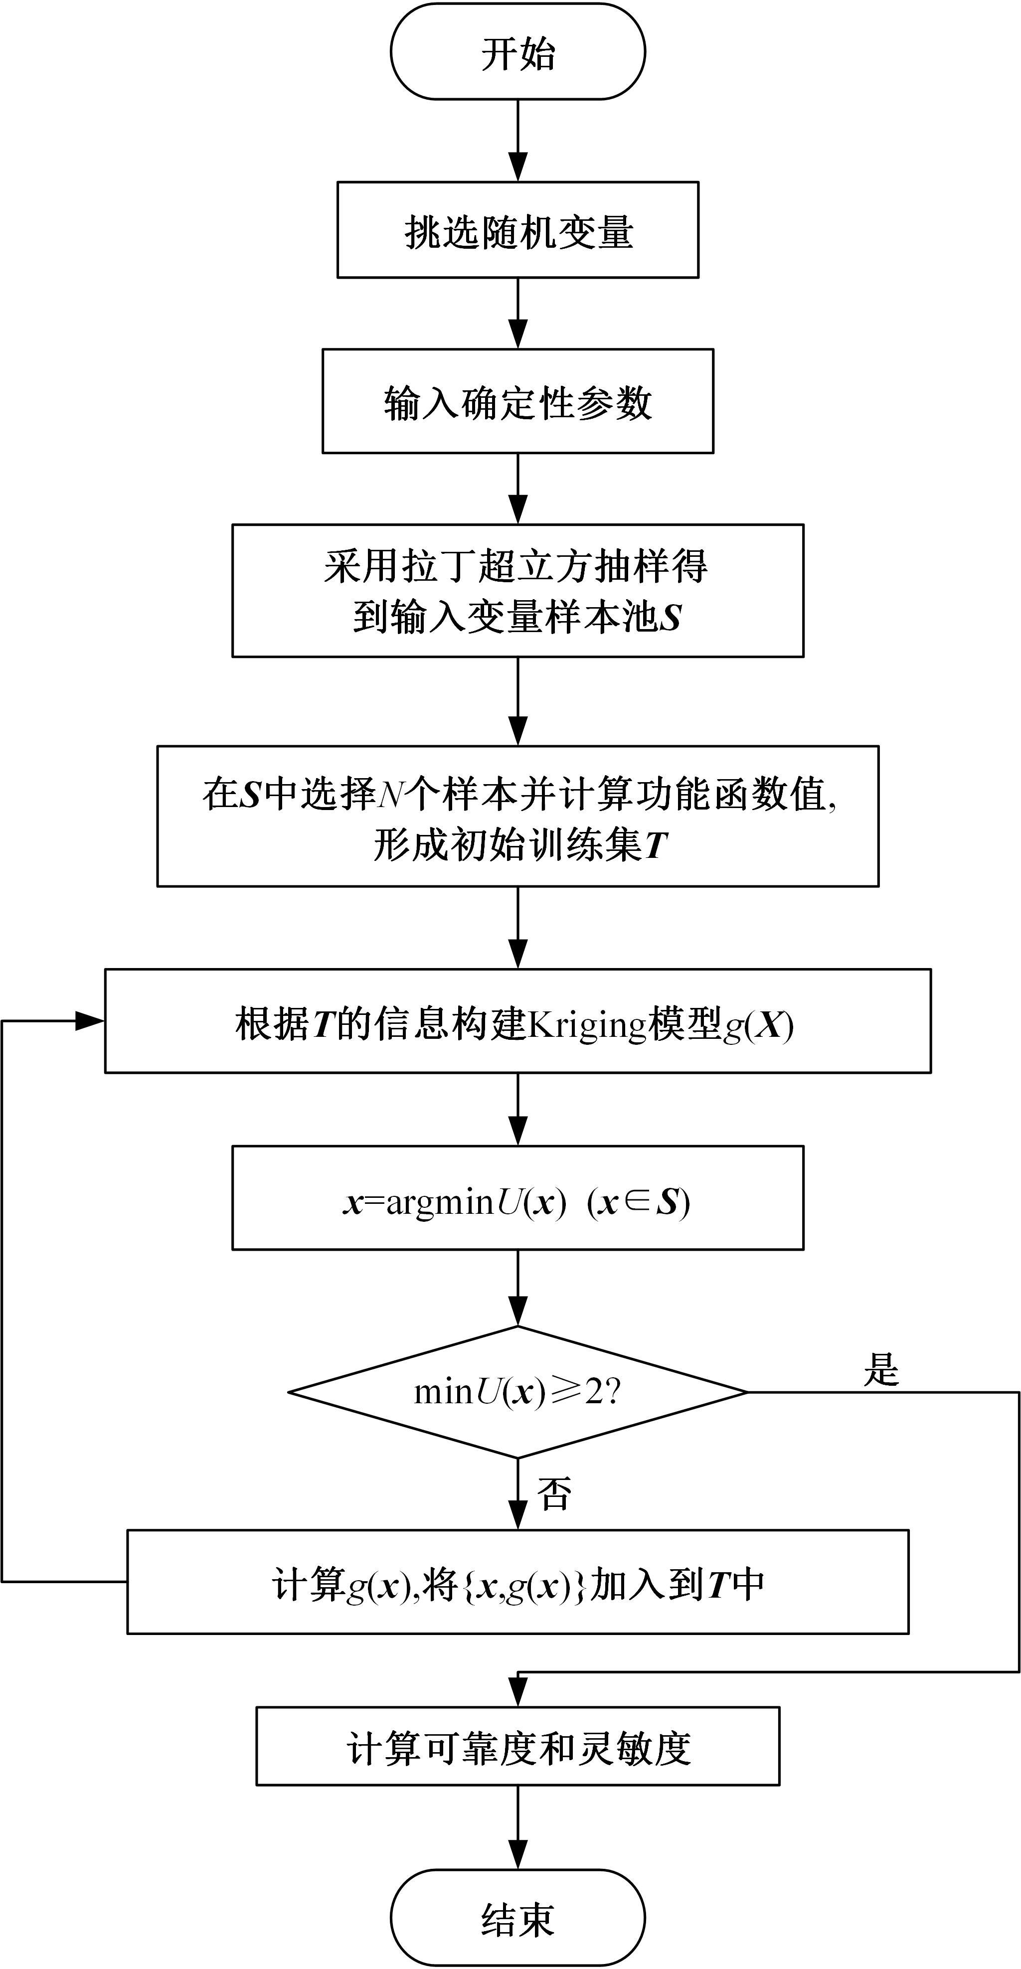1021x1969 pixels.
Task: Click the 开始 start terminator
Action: tap(517, 52)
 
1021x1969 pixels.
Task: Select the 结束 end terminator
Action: tap(517, 1919)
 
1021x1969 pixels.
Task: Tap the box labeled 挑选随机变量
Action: tap(517, 230)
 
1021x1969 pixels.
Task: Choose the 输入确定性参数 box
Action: tap(517, 401)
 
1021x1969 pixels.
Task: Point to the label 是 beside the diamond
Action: tap(880, 1369)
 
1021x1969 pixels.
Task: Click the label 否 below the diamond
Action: tap(554, 1493)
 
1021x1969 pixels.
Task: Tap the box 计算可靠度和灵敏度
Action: tap(517, 1747)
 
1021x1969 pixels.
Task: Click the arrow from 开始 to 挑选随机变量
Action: tap(517, 142)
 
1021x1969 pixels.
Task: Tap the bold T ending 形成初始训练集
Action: tap(656, 845)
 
